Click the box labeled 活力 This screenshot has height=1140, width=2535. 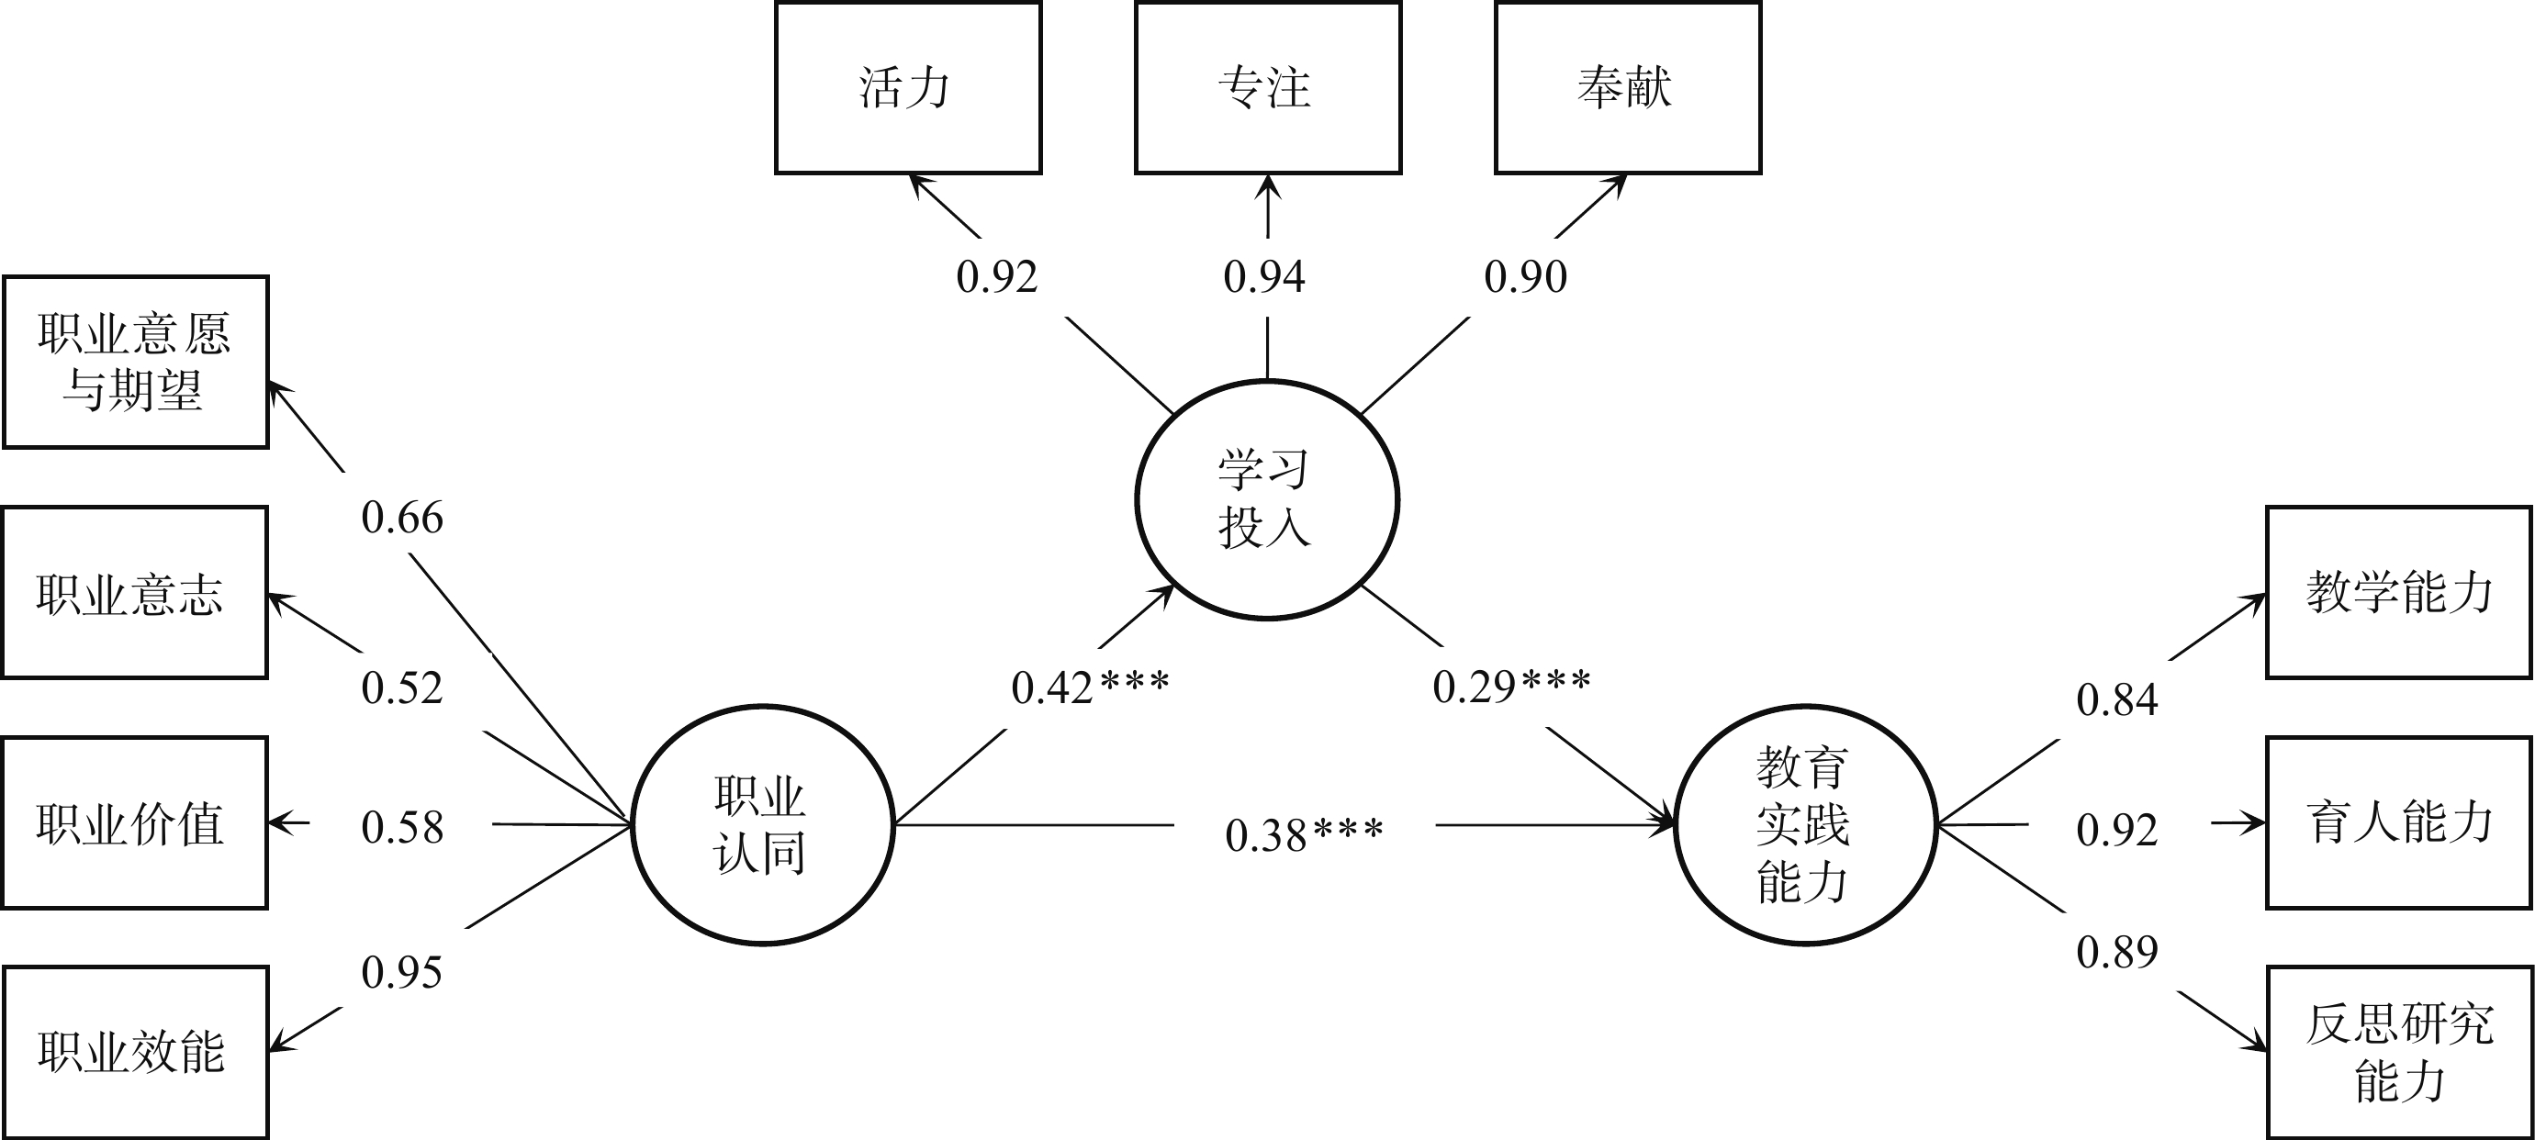pos(907,88)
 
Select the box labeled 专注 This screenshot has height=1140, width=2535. pos(1267,88)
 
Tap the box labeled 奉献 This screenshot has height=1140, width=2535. pos(1628,88)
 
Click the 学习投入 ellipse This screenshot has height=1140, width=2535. pos(1266,499)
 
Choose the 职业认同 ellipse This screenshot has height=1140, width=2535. pos(762,825)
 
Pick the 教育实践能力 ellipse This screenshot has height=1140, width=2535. pos(1805,825)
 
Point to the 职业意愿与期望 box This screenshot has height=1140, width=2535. pos(136,362)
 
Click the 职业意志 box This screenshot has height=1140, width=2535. pos(135,593)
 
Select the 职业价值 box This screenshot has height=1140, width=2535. pos(135,823)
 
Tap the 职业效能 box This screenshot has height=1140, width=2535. pos(136,1053)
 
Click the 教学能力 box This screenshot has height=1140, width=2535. pos(2399,593)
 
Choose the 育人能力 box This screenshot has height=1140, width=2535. pos(2399,823)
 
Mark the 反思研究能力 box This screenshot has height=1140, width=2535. pos(2399,1053)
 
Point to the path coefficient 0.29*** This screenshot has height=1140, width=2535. pos(1510,687)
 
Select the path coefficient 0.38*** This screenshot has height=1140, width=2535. pos(1304,835)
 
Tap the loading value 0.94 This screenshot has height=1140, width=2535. pos(1264,276)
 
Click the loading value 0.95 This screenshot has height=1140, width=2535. pos(401,973)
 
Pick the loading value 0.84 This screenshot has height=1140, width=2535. pos(2116,700)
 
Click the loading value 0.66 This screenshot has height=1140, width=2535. pos(401,518)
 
